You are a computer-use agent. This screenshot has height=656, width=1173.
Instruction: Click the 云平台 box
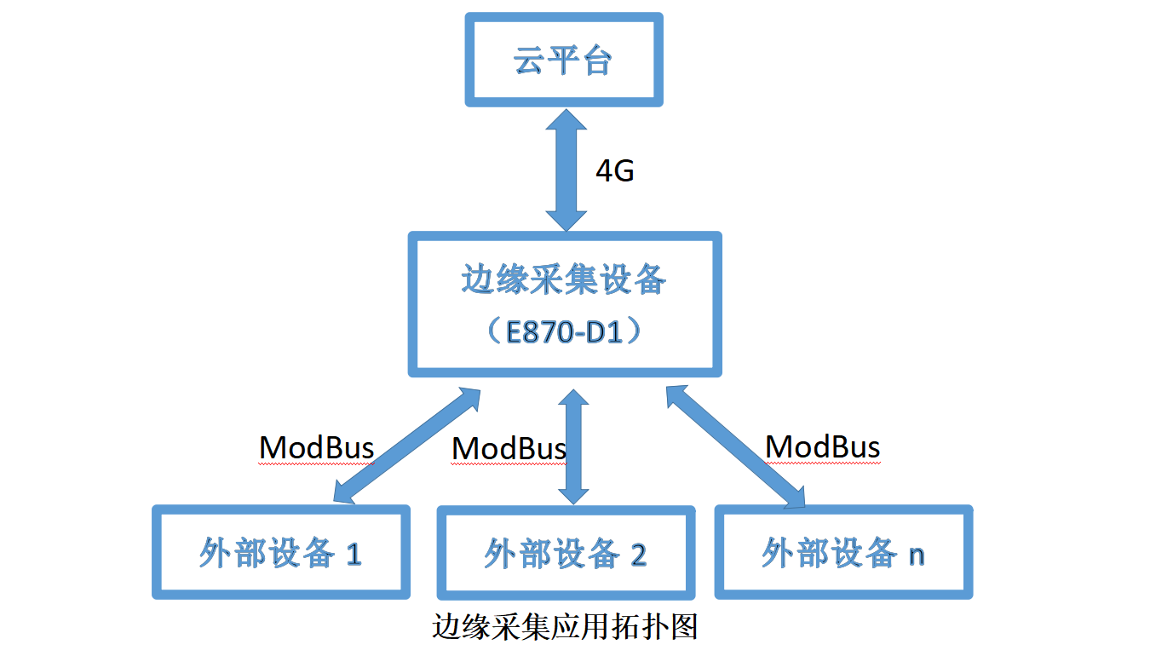(x=564, y=60)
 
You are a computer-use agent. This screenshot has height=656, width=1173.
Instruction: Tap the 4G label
(x=614, y=171)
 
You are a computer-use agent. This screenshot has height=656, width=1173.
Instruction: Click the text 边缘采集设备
(x=564, y=280)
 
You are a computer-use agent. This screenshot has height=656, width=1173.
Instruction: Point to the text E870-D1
(x=564, y=331)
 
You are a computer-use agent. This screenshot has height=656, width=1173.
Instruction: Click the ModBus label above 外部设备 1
(x=316, y=447)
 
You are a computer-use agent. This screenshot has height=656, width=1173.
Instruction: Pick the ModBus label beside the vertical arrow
(x=509, y=449)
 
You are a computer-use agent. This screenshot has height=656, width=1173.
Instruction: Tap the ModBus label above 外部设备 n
(x=822, y=446)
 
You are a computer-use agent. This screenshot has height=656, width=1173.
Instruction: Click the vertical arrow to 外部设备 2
(x=575, y=446)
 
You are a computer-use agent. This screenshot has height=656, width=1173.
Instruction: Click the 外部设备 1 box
(x=281, y=553)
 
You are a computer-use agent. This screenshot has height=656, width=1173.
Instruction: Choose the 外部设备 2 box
(x=566, y=554)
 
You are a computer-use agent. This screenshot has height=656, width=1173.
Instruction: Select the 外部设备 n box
(x=843, y=552)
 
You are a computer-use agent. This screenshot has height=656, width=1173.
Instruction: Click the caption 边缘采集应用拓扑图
(x=565, y=627)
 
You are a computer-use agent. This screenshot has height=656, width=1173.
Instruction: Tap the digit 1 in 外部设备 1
(x=354, y=555)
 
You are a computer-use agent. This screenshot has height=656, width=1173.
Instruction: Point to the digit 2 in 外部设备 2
(x=638, y=555)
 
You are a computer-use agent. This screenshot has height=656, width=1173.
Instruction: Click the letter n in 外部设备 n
(x=916, y=555)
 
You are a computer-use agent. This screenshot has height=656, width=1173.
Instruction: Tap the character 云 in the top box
(x=528, y=61)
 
